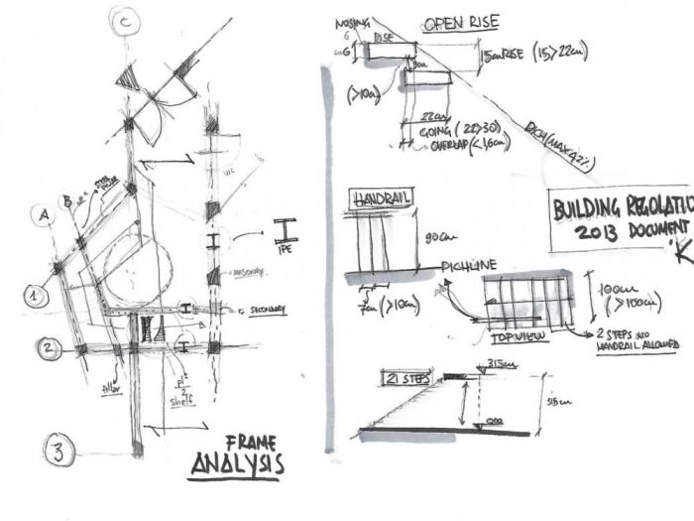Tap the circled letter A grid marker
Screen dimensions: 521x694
[43, 212]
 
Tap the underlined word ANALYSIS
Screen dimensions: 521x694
[237, 464]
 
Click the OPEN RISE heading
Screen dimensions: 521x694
[460, 22]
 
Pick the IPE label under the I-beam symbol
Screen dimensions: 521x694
[289, 252]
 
